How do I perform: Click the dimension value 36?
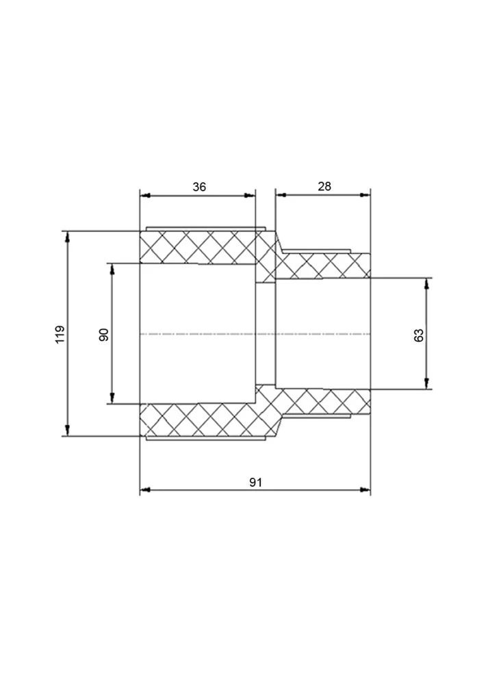pyautogui.click(x=199, y=187)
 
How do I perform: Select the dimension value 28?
pyautogui.click(x=324, y=186)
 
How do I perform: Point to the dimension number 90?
pyautogui.click(x=104, y=335)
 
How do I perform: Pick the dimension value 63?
pyautogui.click(x=419, y=335)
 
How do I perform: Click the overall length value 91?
pyautogui.click(x=255, y=483)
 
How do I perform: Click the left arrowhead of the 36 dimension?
pyautogui.click(x=145, y=196)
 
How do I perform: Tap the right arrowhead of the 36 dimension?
pyautogui.click(x=250, y=196)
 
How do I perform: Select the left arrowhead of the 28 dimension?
pyautogui.click(x=281, y=195)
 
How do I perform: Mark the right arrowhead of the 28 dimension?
pyautogui.click(x=365, y=195)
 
